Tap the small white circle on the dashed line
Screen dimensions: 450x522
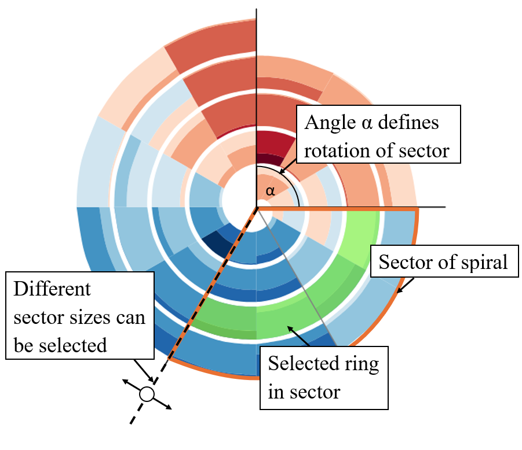click(147, 394)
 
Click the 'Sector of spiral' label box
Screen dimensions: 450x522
click(443, 263)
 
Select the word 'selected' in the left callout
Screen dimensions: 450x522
click(75, 345)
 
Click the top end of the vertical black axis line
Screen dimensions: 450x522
click(257, 10)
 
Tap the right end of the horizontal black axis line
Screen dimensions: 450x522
click(444, 206)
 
